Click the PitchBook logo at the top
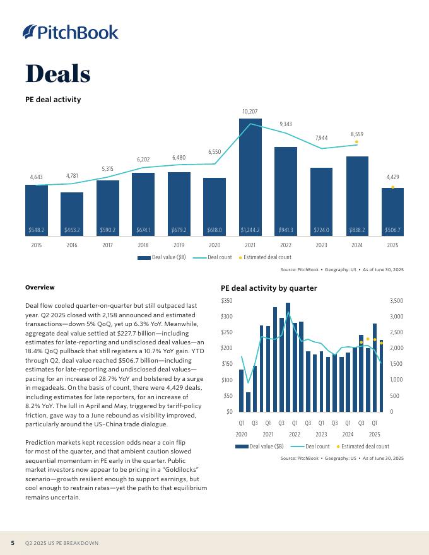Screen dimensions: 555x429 pos(71,32)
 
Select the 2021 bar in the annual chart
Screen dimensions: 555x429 pos(250,177)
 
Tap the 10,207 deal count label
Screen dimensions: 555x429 pos(250,112)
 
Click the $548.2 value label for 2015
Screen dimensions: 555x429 pos(36,230)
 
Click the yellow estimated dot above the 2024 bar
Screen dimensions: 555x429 pos(357,142)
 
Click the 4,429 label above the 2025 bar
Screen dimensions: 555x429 pos(392,177)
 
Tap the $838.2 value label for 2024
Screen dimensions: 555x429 pos(357,230)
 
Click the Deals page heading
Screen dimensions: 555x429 pos(58,74)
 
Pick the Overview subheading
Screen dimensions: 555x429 pos(40,288)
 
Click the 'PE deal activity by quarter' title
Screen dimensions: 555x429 pos(269,288)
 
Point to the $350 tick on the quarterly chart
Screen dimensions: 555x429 pos(226,300)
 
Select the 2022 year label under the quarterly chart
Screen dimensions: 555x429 pos(294,434)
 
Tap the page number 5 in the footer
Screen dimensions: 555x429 pos(13,543)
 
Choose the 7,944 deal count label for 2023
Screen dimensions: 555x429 pos(321,137)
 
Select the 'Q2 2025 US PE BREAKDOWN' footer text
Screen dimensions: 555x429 pos(62,543)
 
